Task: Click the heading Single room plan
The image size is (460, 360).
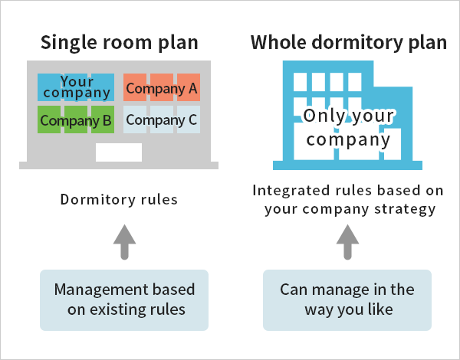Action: point(119,43)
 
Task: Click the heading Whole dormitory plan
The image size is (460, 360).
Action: point(349,43)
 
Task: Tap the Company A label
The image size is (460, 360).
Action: point(162,88)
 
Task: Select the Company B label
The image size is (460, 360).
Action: point(76,120)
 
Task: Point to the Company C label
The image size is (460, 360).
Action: point(162,120)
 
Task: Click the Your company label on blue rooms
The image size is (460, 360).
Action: point(76,87)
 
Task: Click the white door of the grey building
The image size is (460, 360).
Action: point(119,152)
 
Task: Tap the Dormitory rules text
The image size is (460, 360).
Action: point(119,200)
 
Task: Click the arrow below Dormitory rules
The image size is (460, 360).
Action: point(125,242)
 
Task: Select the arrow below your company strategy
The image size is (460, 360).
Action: point(347,242)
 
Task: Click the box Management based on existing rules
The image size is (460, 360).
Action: point(124,300)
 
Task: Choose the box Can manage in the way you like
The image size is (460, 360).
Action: point(347,300)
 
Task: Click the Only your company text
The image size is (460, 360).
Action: point(349,127)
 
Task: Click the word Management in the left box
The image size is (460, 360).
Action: point(94,290)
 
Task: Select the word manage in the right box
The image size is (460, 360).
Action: point(341,290)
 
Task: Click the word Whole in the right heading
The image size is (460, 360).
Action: point(278,42)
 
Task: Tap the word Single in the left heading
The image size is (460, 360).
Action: point(69,43)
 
